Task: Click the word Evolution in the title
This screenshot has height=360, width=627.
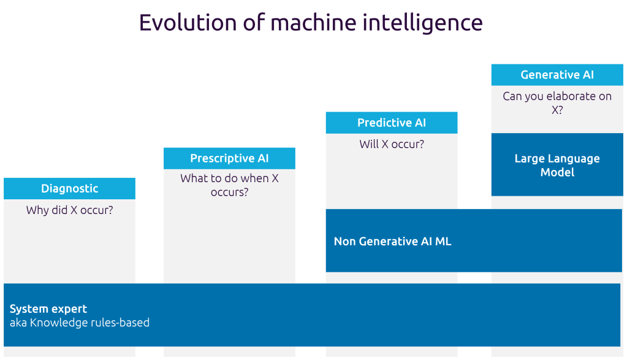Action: (x=187, y=23)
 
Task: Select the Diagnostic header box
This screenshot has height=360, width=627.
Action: (x=70, y=188)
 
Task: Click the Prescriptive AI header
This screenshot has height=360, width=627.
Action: (x=229, y=158)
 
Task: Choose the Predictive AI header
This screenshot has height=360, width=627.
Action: (x=392, y=123)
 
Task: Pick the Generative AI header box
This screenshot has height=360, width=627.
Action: (x=557, y=75)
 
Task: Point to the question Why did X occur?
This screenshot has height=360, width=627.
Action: (x=70, y=210)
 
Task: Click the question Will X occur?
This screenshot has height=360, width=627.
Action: (x=392, y=144)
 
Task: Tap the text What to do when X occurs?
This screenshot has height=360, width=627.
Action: (x=229, y=185)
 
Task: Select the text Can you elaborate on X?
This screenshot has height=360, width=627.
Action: (x=557, y=103)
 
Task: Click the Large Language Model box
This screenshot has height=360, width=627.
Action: (x=557, y=165)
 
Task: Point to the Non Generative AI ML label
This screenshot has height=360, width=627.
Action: (x=393, y=241)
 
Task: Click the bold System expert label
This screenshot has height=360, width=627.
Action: (x=48, y=309)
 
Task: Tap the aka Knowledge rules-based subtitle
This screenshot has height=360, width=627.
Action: (x=80, y=323)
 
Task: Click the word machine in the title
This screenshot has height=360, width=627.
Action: (x=313, y=23)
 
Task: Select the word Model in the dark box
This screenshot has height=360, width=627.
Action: (x=557, y=172)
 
